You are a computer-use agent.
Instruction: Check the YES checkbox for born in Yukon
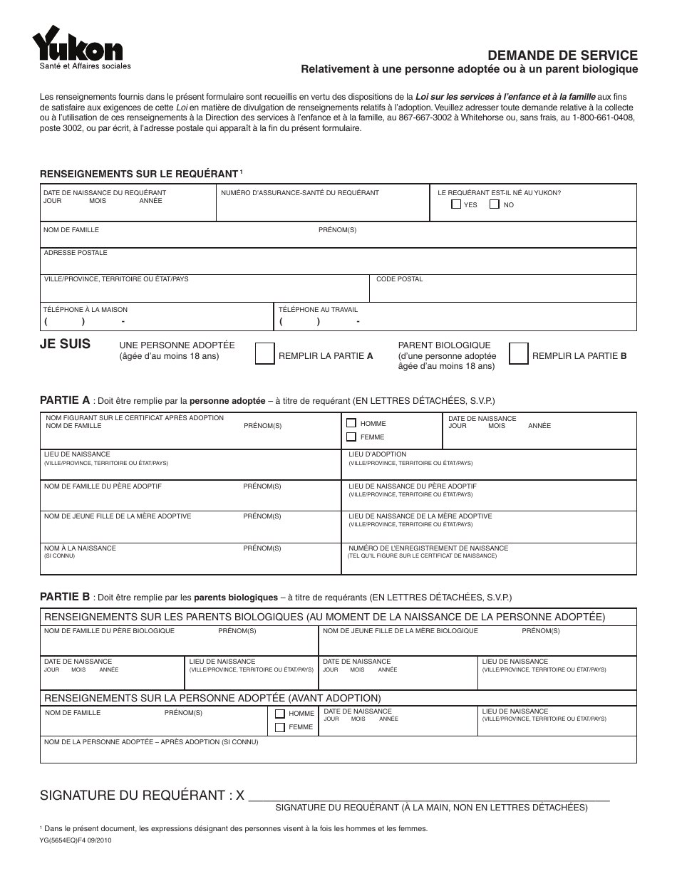[456, 204]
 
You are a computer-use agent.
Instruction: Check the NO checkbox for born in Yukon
[494, 204]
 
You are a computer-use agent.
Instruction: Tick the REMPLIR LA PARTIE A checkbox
[264, 354]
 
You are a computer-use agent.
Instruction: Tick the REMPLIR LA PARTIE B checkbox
[518, 354]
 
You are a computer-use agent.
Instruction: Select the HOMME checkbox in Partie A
[351, 423]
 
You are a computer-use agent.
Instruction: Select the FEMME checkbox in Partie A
[351, 437]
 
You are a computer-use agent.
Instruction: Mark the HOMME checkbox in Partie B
[279, 714]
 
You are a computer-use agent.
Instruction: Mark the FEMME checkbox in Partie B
[279, 727]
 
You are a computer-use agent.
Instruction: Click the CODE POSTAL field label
[399, 279]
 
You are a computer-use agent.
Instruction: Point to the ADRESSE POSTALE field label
[76, 253]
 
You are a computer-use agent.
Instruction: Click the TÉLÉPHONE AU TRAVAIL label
[318, 310]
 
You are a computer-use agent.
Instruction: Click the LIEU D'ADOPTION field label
[377, 454]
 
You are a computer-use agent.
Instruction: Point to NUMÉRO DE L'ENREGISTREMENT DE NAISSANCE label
[428, 548]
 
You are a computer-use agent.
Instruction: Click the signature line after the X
[428, 796]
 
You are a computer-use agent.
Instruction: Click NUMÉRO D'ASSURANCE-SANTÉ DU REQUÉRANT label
[300, 193]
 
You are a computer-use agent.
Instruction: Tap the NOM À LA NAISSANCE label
[80, 548]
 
